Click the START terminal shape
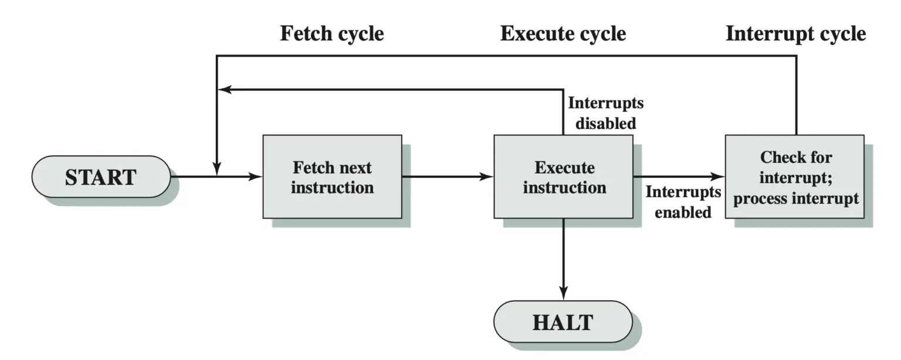100,176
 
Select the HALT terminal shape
563,322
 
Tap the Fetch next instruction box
332,176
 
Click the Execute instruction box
563,176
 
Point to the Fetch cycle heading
331,33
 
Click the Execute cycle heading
563,33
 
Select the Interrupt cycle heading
795,33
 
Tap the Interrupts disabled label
605,113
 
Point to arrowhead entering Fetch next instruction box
256,176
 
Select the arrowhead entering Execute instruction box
487,176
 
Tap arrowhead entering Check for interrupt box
718,176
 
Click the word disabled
605,124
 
